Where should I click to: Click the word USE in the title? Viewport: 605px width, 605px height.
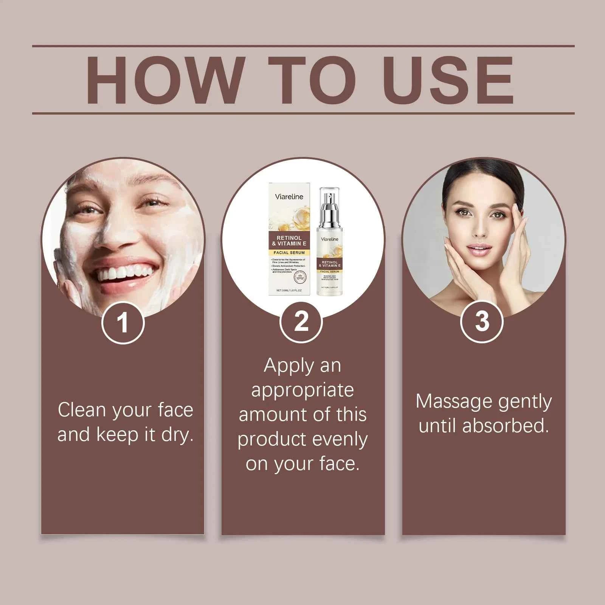450,80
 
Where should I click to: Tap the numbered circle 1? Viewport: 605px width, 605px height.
123,323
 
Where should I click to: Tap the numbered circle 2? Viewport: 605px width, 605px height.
301,322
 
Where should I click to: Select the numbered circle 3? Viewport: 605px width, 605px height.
482,321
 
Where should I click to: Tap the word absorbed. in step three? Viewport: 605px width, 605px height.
505,426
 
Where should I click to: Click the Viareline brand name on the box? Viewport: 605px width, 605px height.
289,197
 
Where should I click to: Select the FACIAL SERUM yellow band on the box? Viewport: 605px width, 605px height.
289,253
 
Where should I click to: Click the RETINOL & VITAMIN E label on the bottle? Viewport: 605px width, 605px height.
330,264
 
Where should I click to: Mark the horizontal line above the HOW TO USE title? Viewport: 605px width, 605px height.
302,46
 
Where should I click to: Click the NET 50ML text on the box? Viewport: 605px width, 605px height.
289,290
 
